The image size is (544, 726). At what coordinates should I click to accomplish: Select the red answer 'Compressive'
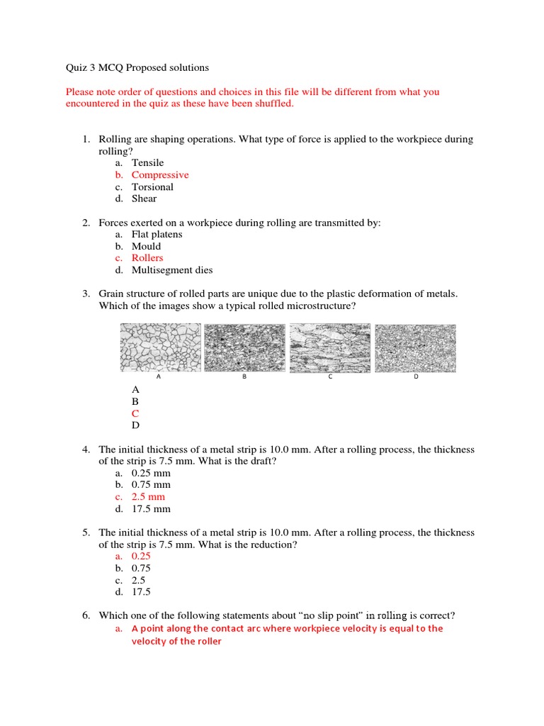point(160,175)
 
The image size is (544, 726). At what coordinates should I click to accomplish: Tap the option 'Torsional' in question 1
point(152,187)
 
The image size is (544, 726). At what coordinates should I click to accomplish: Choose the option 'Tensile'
point(147,163)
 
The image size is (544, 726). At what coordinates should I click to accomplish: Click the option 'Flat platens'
point(157,235)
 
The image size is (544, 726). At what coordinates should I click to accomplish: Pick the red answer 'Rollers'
point(147,258)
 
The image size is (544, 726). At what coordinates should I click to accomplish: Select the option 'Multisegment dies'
point(172,270)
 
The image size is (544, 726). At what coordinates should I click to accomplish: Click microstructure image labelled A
point(160,347)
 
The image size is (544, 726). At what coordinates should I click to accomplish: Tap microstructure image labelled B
point(244,347)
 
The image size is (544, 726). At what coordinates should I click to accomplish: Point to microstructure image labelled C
point(330,347)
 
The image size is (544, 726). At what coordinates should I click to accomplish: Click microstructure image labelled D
point(415,347)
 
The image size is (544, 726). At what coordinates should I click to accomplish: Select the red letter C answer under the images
point(136,413)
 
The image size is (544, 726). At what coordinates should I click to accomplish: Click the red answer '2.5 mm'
point(148,497)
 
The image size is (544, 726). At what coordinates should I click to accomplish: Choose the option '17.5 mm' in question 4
point(151,509)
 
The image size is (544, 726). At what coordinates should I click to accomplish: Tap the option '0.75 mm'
point(151,485)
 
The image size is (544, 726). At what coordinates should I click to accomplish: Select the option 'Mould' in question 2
point(146,247)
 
